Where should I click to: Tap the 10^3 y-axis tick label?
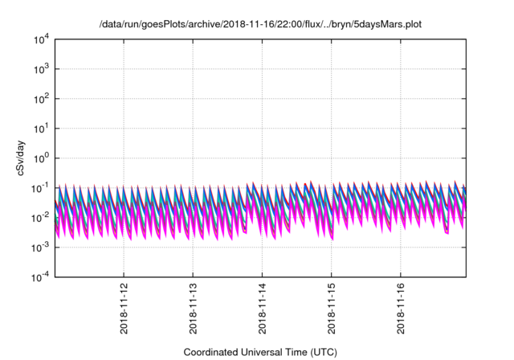[41, 69]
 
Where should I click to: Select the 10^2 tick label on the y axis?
[41, 99]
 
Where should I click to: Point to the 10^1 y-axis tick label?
[41, 128]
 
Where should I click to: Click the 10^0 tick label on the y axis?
[41, 157]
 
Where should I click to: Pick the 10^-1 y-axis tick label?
[40, 187]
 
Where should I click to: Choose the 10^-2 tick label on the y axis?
[40, 217]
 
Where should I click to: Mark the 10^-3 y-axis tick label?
[40, 247]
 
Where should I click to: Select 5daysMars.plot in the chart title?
[388, 25]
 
